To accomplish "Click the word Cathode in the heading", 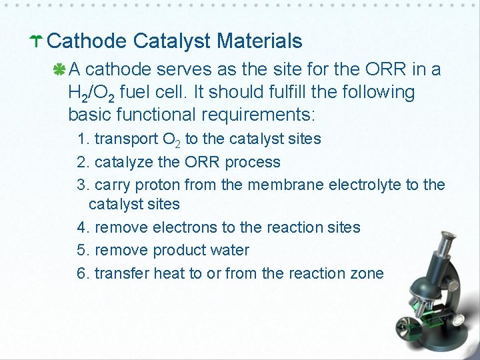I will coord(87,41).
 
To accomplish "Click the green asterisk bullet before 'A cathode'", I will coord(60,69).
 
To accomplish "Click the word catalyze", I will coord(125,162).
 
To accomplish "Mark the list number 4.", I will coord(82,227).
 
